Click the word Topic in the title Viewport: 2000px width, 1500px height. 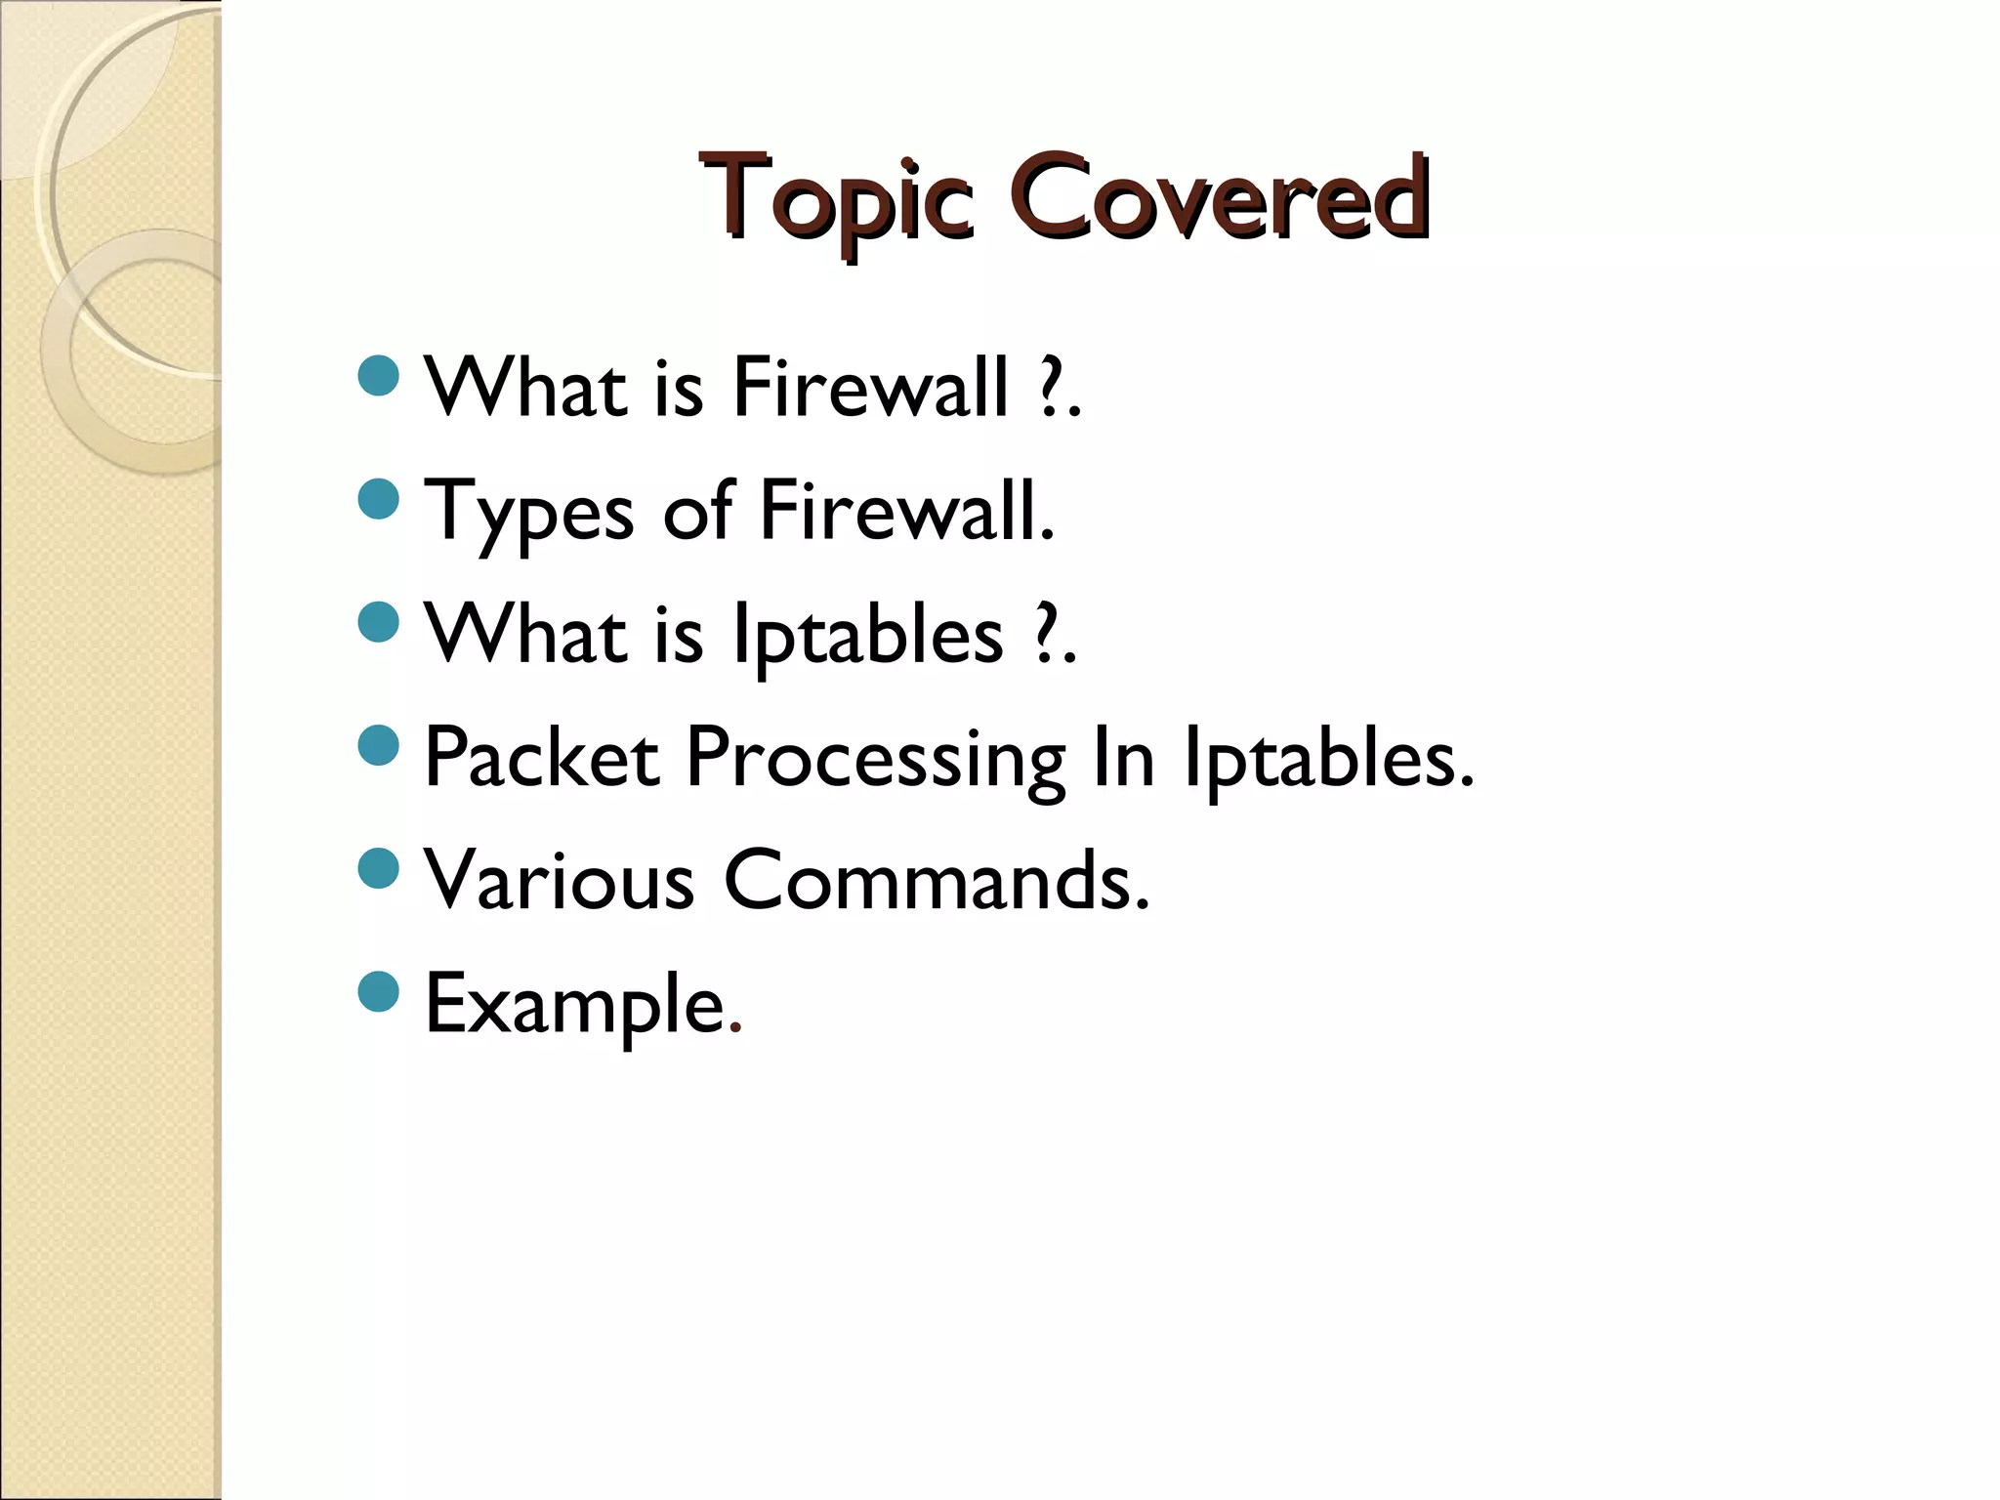836,198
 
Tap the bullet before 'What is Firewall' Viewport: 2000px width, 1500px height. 379,376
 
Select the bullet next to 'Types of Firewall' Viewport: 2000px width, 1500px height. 379,499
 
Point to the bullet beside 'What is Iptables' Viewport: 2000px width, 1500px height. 379,623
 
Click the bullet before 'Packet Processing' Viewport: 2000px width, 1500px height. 379,746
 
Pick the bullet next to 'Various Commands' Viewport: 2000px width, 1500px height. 379,869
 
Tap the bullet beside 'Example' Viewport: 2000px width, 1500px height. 379,992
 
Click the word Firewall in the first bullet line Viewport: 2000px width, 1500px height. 870,388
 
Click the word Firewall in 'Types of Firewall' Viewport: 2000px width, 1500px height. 906,511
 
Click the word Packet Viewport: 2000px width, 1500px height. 542,757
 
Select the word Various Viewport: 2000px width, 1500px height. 559,881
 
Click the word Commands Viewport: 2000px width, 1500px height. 936,881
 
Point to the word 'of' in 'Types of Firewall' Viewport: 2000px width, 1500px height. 697,511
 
